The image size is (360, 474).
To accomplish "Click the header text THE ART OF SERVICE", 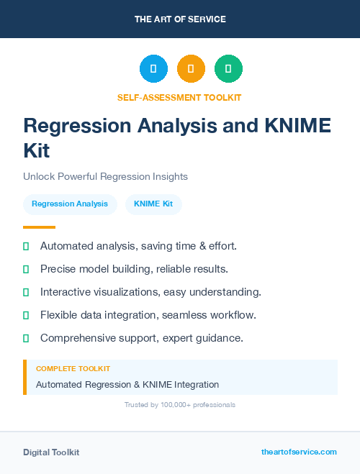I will (x=180, y=19).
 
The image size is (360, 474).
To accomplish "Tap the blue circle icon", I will (x=153, y=69).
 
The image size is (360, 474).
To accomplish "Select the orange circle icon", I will (x=191, y=69).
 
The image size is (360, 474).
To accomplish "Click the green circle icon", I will (x=228, y=69).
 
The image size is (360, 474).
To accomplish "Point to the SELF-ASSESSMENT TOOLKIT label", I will (x=180, y=97).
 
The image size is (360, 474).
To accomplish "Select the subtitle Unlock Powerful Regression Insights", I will (x=105, y=176).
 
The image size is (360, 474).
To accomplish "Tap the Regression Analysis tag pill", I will (x=70, y=204).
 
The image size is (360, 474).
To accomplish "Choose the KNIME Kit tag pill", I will (x=153, y=204).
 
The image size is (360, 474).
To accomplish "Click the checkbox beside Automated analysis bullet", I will (x=26, y=247).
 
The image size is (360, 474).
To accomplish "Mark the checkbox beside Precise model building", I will (x=26, y=270).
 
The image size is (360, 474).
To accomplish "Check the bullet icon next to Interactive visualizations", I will (x=26, y=293).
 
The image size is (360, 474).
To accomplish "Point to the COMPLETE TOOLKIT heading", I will (x=73, y=369).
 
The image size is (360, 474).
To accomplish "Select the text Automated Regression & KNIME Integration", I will (x=127, y=385).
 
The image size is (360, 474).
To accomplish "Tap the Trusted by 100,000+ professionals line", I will (x=180, y=405).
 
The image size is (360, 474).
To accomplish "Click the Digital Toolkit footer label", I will (x=51, y=452).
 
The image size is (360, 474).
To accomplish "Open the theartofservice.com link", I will (x=299, y=452).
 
